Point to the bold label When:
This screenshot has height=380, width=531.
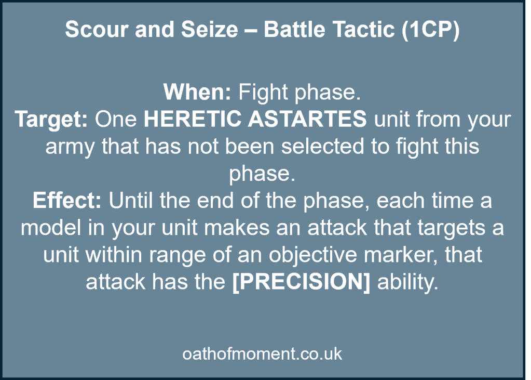coord(197,93)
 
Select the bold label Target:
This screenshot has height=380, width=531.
coord(51,120)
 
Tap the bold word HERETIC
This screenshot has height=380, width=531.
coord(191,120)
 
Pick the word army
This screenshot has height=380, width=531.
coord(70,147)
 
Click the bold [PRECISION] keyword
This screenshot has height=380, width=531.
coord(302,282)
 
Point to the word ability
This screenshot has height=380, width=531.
coord(408,282)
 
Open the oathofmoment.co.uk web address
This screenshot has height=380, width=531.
coord(262,354)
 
